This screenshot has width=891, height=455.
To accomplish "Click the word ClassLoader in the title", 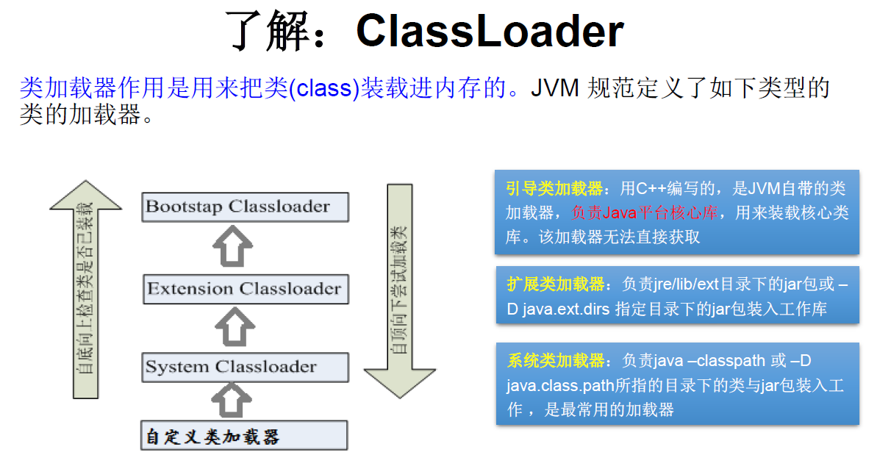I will pyautogui.click(x=490, y=31).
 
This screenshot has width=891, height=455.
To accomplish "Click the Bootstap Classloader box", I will pyautogui.click(x=245, y=207).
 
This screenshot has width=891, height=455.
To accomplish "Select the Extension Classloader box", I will pyautogui.click(x=245, y=289).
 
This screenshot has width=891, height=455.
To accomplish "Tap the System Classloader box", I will pyautogui.click(x=245, y=367).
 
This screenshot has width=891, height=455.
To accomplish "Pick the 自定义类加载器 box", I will pyautogui.click(x=245, y=436).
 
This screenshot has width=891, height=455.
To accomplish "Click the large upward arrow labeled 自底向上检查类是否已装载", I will pyautogui.click(x=86, y=287).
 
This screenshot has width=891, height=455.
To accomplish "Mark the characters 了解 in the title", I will pyautogui.click(x=268, y=31).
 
